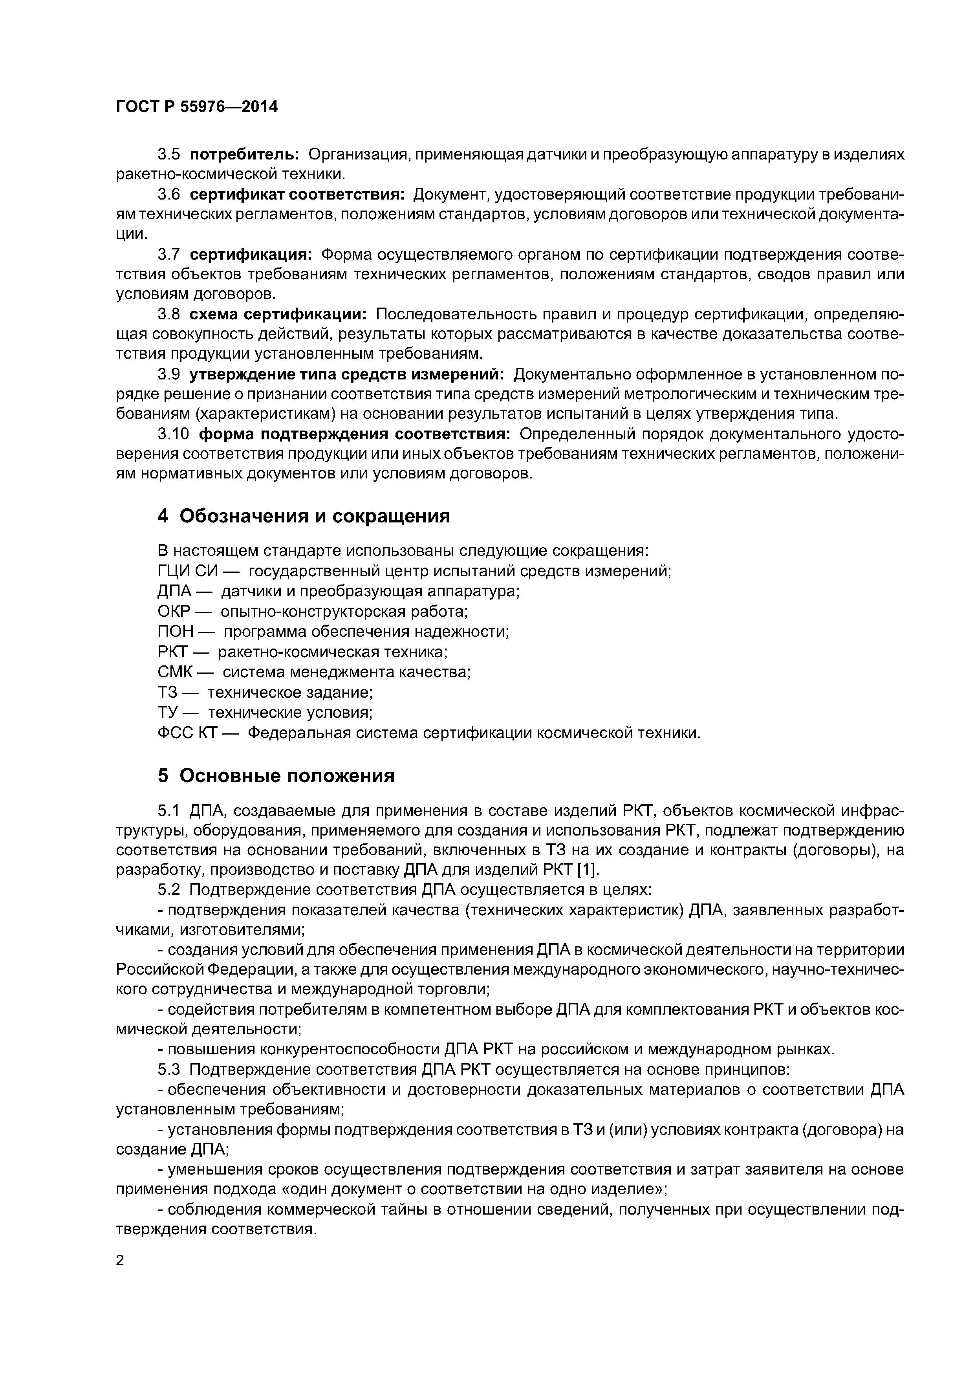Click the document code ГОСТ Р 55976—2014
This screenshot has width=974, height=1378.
coord(197,107)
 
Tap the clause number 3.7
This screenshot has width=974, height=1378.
coord(168,255)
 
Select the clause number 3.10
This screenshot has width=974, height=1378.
coord(173,434)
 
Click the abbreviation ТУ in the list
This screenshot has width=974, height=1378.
coord(167,713)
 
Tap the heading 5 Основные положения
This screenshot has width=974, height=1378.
coord(276,776)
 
